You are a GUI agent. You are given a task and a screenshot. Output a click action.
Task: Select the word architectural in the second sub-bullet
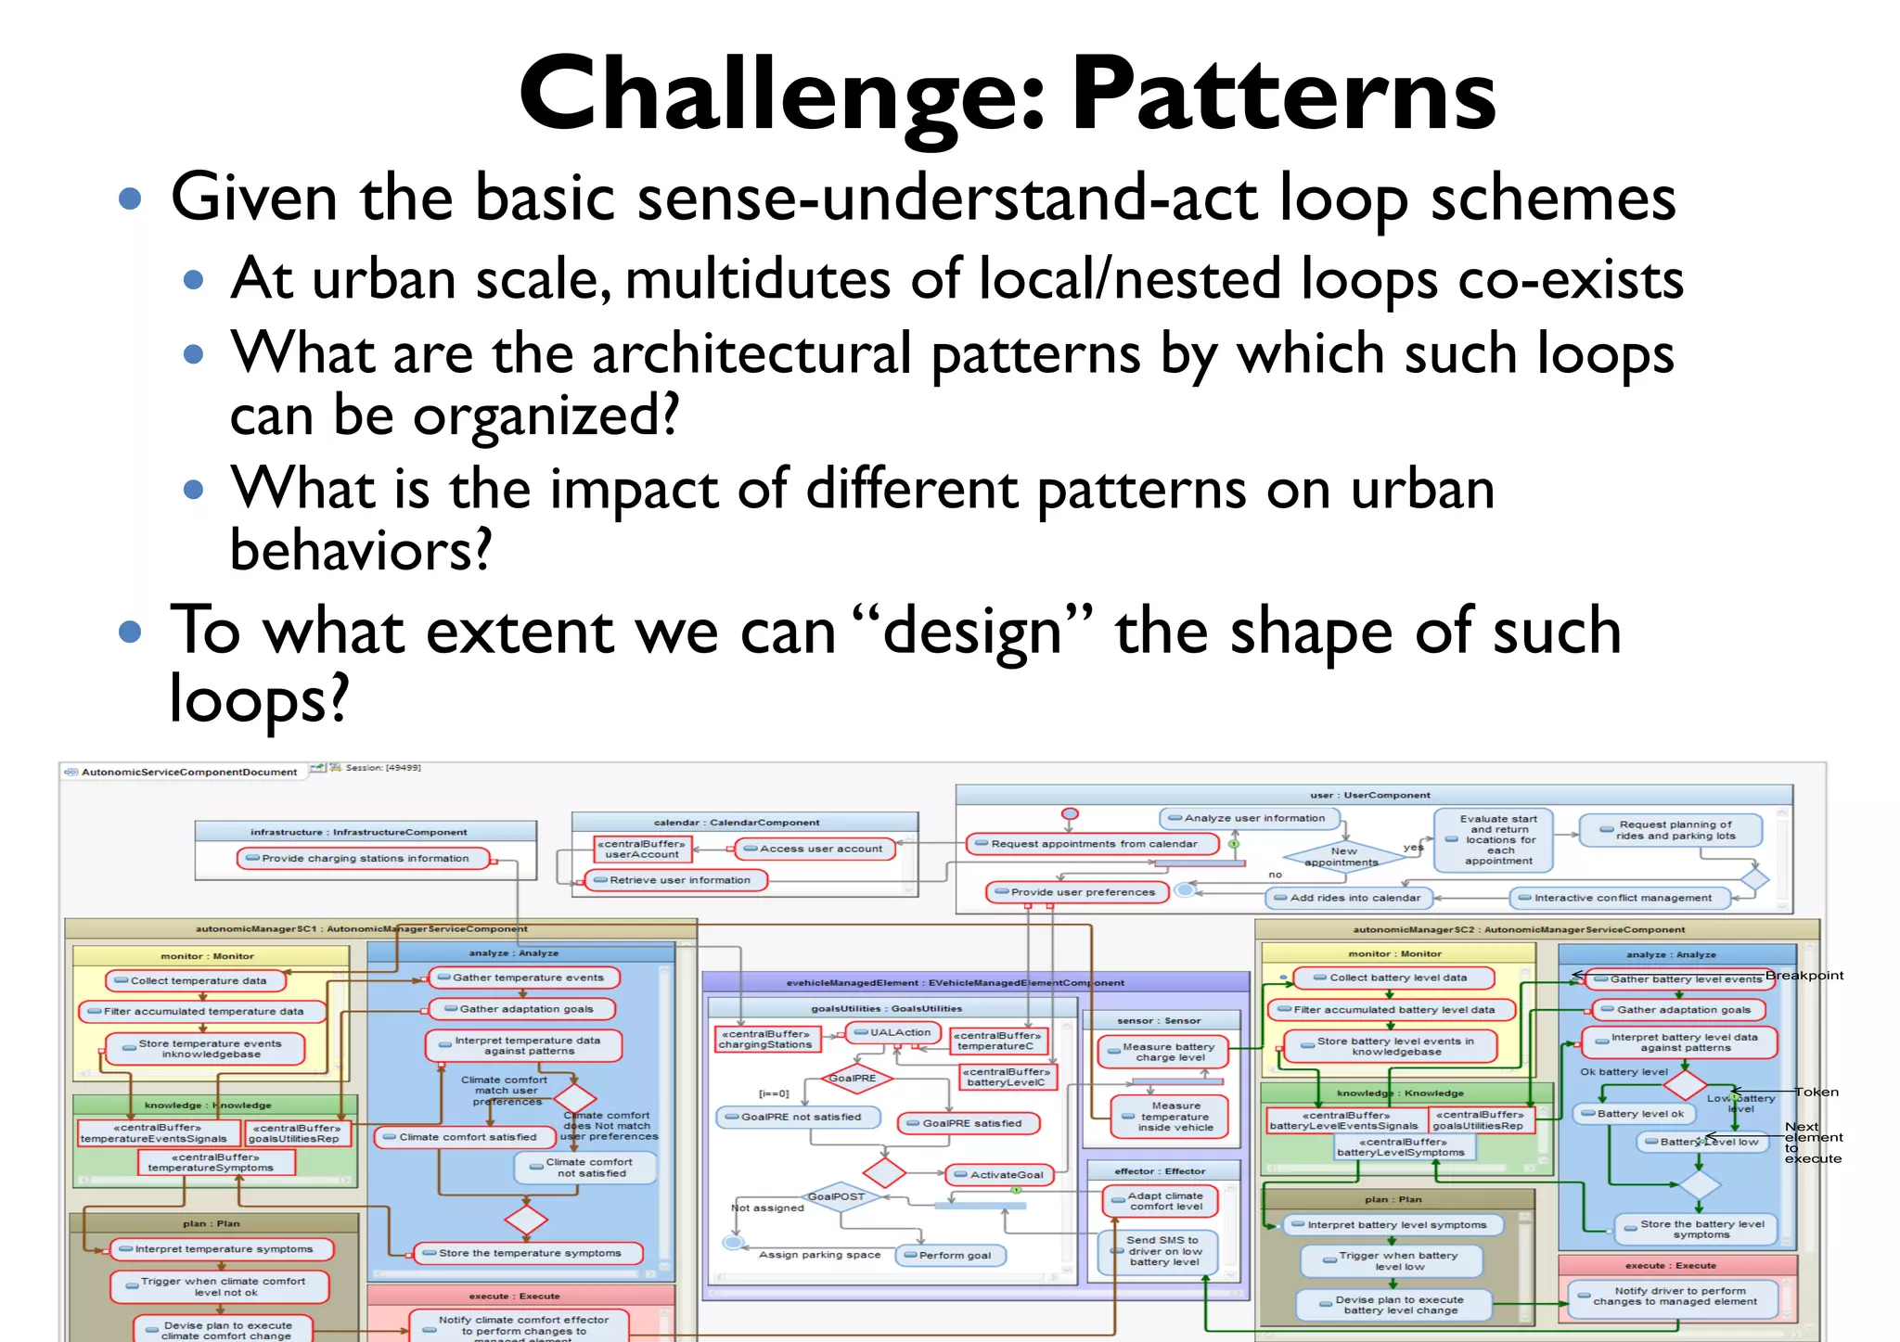(x=751, y=353)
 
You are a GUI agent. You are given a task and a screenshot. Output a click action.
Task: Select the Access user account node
(x=816, y=848)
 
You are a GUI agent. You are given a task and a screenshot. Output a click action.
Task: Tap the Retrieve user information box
(x=677, y=879)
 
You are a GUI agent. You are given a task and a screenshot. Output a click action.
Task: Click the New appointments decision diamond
(x=1342, y=855)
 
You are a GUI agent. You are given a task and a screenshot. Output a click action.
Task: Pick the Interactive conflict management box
(x=1621, y=897)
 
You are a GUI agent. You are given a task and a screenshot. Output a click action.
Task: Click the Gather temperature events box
(x=525, y=978)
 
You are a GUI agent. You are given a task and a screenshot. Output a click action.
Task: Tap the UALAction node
(x=895, y=1032)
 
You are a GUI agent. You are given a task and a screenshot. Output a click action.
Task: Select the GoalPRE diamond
(x=852, y=1078)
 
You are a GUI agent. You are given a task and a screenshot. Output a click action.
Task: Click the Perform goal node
(x=951, y=1255)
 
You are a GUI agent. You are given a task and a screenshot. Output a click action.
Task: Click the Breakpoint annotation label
(x=1804, y=975)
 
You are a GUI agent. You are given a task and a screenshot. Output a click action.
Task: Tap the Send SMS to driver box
(x=1162, y=1250)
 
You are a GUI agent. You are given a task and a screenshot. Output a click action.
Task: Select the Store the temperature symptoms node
(x=528, y=1253)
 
